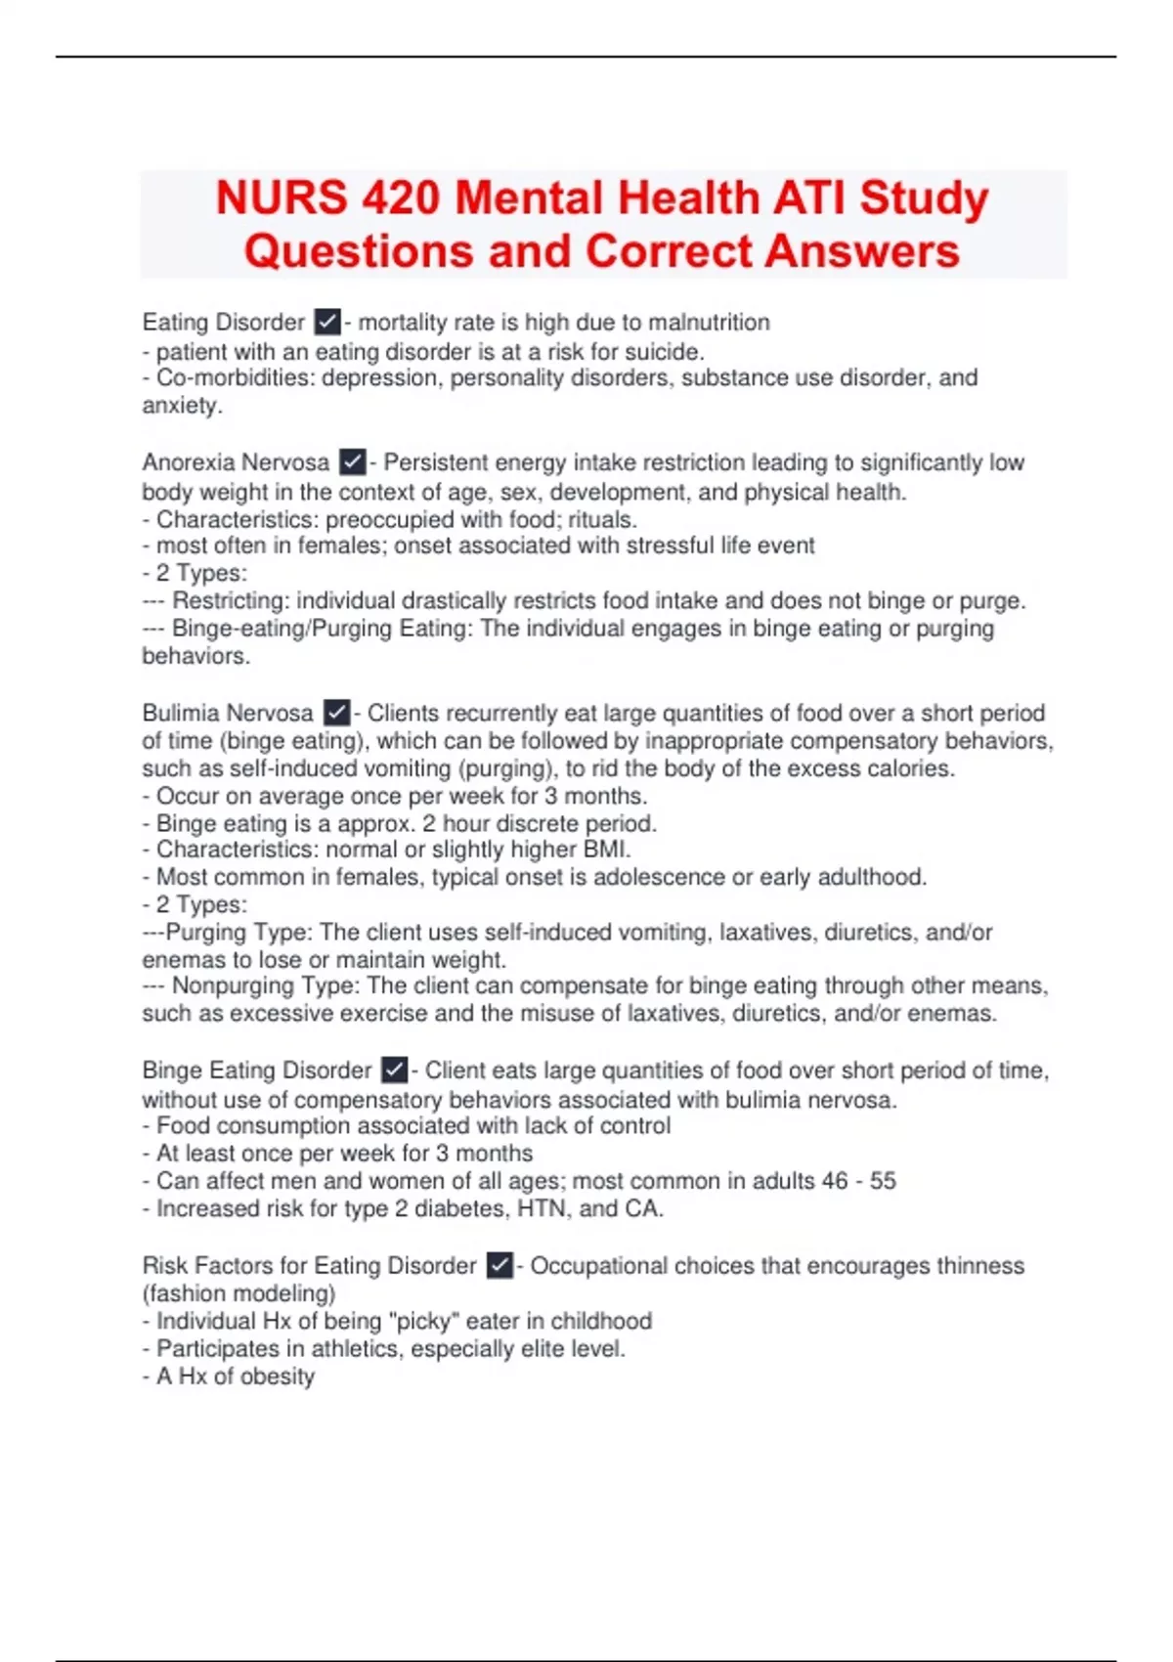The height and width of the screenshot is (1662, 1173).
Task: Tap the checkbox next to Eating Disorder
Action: tap(327, 322)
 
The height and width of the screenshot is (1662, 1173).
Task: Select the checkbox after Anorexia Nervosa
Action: tap(352, 461)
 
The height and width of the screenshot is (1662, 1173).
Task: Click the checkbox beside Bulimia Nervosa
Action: tap(336, 713)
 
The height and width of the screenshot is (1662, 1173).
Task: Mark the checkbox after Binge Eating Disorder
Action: tap(394, 1071)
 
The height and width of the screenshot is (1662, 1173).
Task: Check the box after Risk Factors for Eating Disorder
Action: tap(500, 1265)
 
